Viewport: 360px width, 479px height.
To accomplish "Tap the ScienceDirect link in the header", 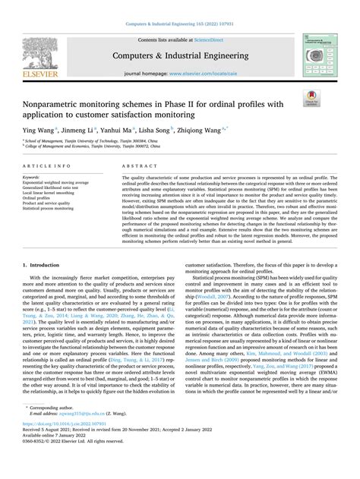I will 209,37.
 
